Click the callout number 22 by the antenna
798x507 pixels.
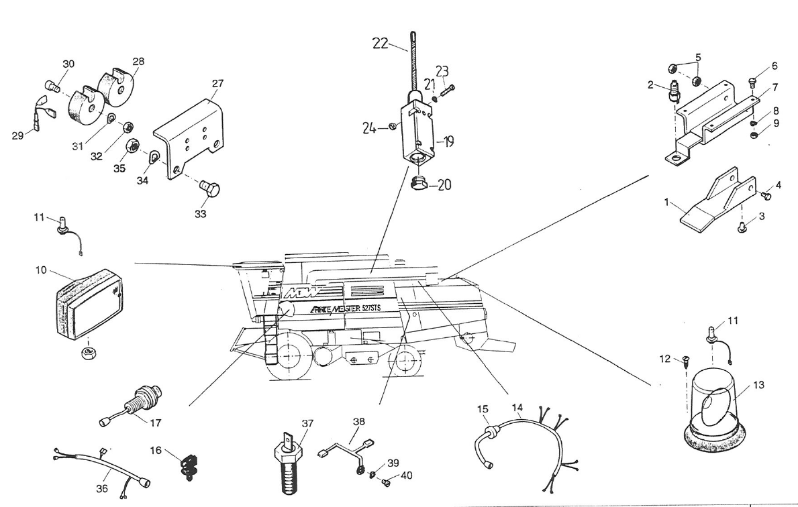click(x=381, y=43)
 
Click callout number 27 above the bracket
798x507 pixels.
click(x=218, y=84)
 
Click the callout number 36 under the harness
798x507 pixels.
click(x=101, y=488)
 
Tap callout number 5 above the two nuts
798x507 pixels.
click(x=697, y=58)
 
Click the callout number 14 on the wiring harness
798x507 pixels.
click(x=517, y=406)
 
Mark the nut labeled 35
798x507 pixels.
click(x=133, y=146)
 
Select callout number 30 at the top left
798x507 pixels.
click(x=68, y=64)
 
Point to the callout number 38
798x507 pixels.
click(x=358, y=422)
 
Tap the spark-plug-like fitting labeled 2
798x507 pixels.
click(x=674, y=93)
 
